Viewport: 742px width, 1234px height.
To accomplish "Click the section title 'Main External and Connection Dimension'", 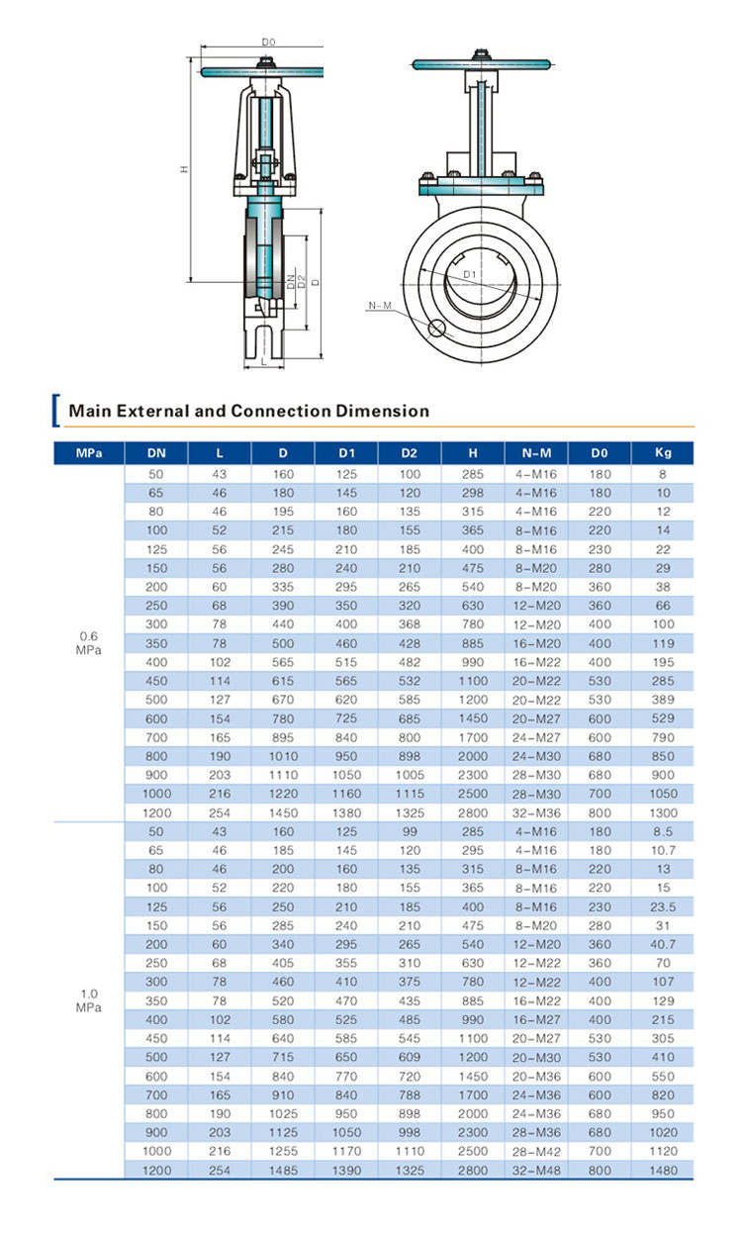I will click(247, 411).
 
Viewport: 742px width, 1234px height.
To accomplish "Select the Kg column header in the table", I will click(663, 453).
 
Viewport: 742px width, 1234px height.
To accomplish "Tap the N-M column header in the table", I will click(536, 453).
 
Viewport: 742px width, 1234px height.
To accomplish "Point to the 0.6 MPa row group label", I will click(89, 642).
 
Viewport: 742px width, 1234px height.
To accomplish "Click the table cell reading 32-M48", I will click(536, 1171).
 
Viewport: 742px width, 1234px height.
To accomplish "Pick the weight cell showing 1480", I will click(663, 1171).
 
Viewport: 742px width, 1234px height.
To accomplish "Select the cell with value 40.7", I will click(663, 943).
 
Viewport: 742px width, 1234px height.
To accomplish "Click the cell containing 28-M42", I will click(536, 1152).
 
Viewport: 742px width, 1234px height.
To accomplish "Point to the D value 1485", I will click(283, 1171).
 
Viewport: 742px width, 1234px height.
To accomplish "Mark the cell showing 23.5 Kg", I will click(663, 905).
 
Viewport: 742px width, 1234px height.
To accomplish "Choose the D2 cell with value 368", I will click(410, 623).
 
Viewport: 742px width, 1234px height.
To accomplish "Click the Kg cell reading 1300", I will click(663, 811).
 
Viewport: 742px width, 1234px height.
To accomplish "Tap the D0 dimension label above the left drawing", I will click(267, 42).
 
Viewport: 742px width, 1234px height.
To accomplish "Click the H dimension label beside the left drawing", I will click(183, 168).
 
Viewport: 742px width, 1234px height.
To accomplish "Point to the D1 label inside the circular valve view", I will click(471, 273).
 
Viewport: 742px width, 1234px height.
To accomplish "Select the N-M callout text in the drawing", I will click(379, 306).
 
